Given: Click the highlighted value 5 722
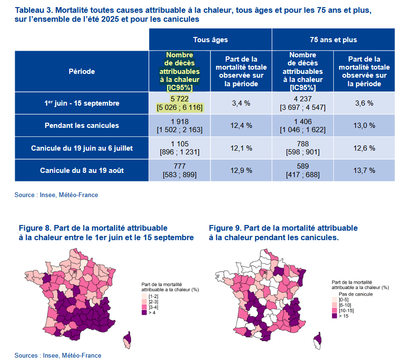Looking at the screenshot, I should (180, 99).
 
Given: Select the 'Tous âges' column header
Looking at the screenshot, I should (210, 40).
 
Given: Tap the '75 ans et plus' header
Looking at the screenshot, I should (333, 40).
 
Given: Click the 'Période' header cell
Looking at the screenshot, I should (82, 72).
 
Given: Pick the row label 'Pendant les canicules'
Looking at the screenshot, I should (82, 126).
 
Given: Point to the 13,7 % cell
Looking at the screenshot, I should (364, 170).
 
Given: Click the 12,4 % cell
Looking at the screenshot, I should (241, 126).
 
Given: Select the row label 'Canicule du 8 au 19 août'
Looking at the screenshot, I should (82, 170).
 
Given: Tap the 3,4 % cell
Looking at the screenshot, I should (241, 103).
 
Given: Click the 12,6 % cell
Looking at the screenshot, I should (364, 148).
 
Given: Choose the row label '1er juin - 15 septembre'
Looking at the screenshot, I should (82, 103).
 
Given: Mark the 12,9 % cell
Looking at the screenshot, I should (241, 170).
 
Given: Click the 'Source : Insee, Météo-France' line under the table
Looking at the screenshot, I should (56, 195).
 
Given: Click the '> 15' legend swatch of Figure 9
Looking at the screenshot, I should (335, 315).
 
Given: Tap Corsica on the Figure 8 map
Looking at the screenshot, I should (127, 339).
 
